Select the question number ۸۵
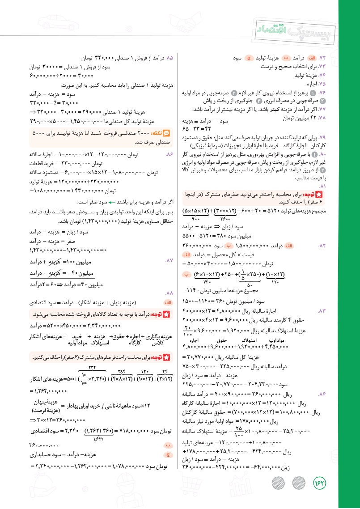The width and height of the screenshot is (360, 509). (169, 58)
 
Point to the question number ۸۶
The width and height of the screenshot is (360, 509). (169, 154)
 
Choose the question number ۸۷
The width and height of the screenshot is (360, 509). (169, 260)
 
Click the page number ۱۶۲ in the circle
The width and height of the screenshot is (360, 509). (321, 484)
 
